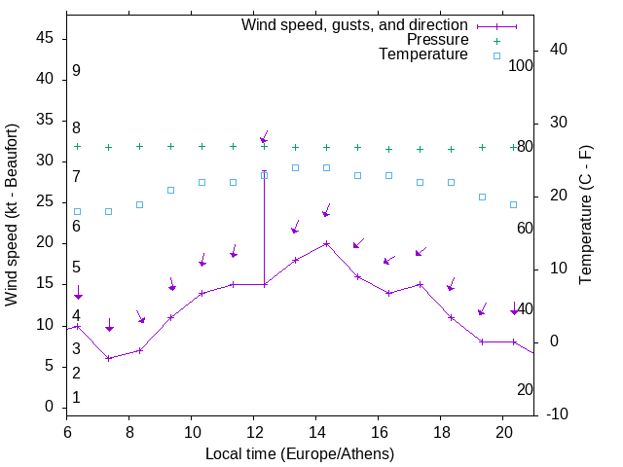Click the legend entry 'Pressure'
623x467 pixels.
[x=438, y=40]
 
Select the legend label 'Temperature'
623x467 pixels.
[x=423, y=55]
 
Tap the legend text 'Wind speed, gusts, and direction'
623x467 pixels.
[x=354, y=25]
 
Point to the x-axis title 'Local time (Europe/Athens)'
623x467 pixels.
[x=300, y=453]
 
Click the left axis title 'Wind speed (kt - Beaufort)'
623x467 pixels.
[x=13, y=215]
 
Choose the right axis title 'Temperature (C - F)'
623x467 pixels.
[x=586, y=215]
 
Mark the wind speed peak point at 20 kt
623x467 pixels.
[x=326, y=243]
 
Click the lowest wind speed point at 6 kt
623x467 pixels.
[x=108, y=358]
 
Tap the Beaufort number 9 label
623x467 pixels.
[x=76, y=71]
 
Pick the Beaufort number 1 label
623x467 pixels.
[x=76, y=397]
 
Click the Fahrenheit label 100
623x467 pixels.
[x=522, y=65]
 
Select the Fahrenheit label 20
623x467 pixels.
[x=525, y=389]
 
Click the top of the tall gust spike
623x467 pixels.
[x=264, y=172]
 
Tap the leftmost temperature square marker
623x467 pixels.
[x=77, y=211]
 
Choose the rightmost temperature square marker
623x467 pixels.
[x=513, y=204]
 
